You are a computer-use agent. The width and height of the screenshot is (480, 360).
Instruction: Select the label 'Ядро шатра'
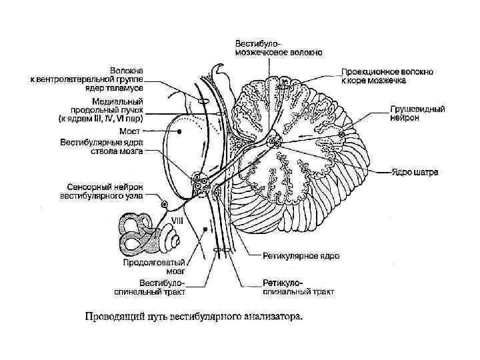[x=414, y=172]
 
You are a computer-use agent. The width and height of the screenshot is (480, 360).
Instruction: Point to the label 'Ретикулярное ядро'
[x=301, y=256]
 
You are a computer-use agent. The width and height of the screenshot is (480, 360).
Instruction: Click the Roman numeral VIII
[x=179, y=219]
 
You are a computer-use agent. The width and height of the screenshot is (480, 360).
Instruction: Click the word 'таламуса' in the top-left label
[x=131, y=87]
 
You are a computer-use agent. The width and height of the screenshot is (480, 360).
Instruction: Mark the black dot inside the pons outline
[x=179, y=132]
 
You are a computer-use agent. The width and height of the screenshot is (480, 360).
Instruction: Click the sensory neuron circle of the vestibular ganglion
[x=163, y=203]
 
